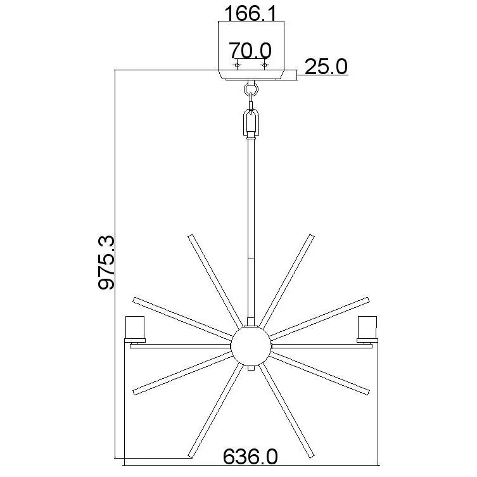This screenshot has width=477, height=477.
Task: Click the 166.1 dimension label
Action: [x=251, y=13]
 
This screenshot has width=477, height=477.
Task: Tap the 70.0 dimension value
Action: [x=250, y=50]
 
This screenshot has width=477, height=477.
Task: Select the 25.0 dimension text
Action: [x=326, y=67]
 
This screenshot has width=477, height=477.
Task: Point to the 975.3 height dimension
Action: [x=106, y=262]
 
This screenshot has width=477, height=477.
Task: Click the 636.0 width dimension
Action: [x=250, y=456]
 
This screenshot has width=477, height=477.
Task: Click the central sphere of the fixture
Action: [x=251, y=346]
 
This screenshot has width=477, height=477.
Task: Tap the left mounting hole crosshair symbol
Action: [x=237, y=65]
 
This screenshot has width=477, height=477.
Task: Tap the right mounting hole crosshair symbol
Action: [x=264, y=65]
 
